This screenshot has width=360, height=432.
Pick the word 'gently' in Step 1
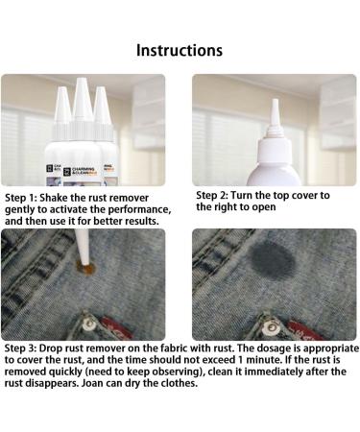point(25,208)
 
